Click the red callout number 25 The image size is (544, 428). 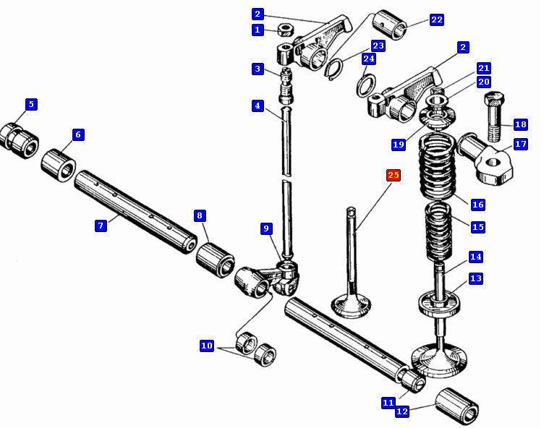(394, 175)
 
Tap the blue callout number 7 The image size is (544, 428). (101, 226)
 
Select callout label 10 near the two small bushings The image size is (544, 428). (207, 346)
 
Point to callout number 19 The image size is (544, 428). (399, 145)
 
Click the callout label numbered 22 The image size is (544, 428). (436, 20)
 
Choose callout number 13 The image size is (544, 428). (475, 278)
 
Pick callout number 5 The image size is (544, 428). (30, 104)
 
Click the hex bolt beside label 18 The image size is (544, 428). (493, 116)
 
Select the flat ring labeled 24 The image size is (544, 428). (368, 87)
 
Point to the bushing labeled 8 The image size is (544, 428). (214, 257)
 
